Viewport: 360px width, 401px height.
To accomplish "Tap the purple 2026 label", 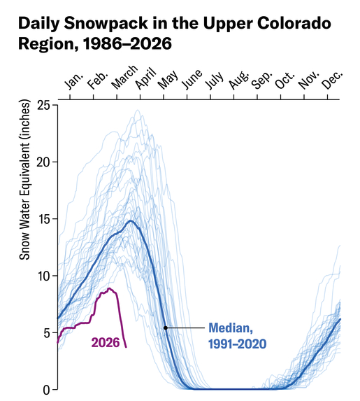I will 105,342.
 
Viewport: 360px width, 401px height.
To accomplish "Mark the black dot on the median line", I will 165,328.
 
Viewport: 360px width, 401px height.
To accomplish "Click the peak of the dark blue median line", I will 131,221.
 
